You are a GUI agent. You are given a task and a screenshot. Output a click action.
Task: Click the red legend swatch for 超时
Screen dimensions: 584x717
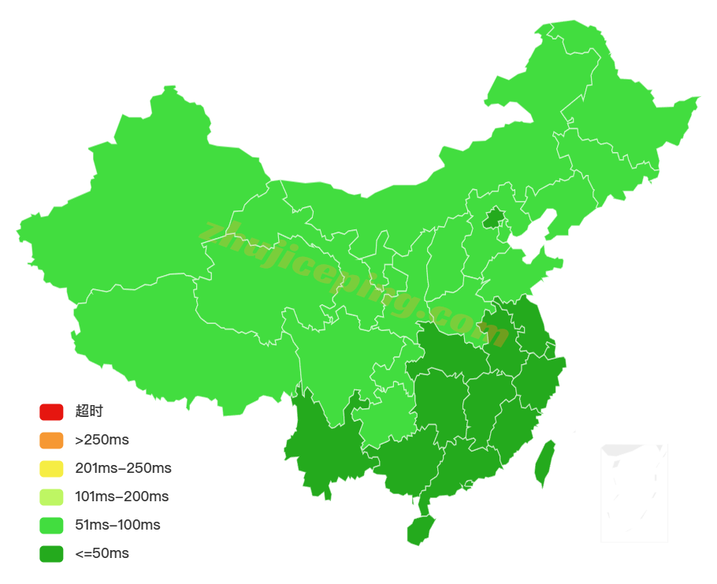point(51,411)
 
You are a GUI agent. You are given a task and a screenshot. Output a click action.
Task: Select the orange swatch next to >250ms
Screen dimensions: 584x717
point(51,440)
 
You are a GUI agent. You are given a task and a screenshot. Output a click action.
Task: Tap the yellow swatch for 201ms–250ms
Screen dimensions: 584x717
point(51,468)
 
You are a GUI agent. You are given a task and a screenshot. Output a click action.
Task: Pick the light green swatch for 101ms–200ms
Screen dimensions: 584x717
point(51,497)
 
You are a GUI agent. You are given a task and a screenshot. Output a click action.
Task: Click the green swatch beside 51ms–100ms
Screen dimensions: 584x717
point(51,525)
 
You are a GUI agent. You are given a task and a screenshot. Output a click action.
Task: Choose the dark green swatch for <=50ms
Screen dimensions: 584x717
point(51,553)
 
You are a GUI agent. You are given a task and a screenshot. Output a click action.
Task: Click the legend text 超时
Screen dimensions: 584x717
point(89,411)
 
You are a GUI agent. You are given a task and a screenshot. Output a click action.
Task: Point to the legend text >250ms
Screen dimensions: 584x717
point(102,440)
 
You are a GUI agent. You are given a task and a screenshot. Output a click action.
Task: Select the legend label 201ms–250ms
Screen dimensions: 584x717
point(123,468)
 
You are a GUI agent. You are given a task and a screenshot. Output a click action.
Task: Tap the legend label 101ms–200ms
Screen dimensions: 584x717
point(121,497)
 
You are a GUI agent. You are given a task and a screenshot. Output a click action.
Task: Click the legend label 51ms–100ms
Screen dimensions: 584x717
point(117,525)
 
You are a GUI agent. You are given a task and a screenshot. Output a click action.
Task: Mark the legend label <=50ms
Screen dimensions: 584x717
point(102,553)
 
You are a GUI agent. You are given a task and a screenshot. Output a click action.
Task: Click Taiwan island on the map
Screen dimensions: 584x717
point(544,463)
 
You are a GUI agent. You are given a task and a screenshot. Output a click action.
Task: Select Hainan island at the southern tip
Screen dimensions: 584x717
point(421,530)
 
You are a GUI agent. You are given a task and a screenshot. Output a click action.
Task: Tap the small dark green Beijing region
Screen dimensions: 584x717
point(494,218)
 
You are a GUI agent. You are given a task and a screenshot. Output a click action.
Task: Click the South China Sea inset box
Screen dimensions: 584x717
point(634,493)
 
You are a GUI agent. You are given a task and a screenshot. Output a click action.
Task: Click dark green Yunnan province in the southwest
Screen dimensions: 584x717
point(323,449)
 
